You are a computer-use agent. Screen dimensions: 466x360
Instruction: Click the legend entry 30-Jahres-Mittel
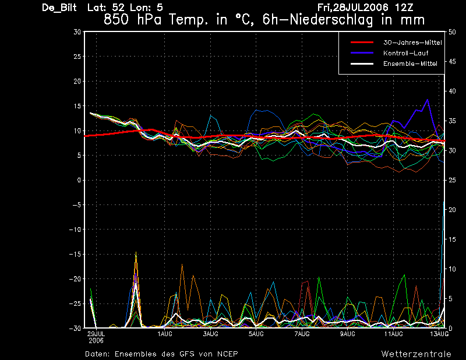[412, 43]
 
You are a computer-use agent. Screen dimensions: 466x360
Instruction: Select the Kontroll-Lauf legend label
[405, 53]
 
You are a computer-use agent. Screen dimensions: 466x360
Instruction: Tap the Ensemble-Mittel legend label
[410, 63]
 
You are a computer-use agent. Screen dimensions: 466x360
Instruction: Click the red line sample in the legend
[362, 43]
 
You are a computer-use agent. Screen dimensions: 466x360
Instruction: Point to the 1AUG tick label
[165, 334]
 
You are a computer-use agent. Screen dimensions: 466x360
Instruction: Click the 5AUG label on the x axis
[256, 334]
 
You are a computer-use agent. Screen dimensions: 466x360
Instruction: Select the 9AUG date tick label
[348, 334]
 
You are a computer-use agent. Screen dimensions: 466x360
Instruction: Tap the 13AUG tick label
[439, 334]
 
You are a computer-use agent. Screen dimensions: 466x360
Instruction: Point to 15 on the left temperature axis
[77, 106]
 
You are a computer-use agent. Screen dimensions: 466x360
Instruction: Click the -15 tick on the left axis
[75, 254]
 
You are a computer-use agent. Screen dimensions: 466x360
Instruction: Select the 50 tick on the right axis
[452, 32]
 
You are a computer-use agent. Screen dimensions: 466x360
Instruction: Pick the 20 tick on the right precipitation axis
[452, 210]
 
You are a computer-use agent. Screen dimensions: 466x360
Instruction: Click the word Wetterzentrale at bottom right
[416, 354]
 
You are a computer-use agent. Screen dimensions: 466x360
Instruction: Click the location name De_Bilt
[59, 8]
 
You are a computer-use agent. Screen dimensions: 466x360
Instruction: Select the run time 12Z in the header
[404, 8]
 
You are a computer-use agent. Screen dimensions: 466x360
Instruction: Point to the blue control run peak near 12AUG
[428, 100]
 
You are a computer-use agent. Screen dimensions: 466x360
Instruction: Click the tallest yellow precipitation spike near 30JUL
[136, 252]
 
